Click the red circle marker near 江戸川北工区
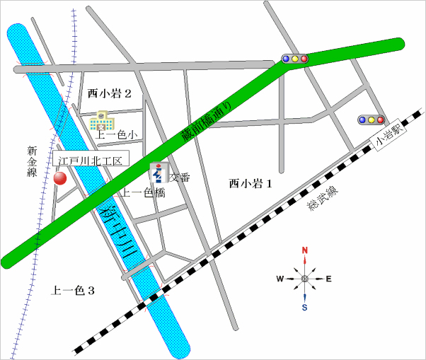tap(60, 178)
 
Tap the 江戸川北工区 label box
tap(90, 161)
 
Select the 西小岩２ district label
tap(110, 93)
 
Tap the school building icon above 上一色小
tap(98, 120)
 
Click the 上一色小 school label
tap(116, 134)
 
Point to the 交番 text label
tap(180, 178)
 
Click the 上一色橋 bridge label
tap(143, 192)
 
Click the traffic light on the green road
tap(294, 59)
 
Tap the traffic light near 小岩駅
tap(371, 120)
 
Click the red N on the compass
tap(305, 250)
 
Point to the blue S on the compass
tap(305, 307)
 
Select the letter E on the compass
tap(328, 279)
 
